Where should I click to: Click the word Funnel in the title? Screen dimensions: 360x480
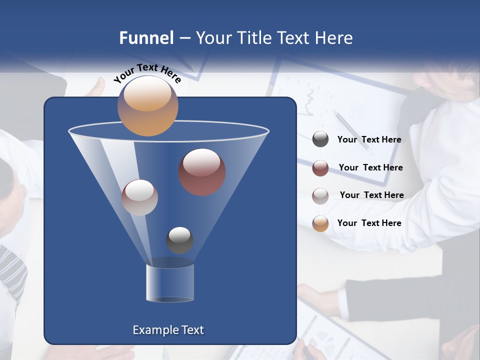click(146, 38)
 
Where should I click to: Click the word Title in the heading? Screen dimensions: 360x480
click(254, 38)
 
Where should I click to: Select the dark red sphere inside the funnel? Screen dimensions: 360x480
click(202, 172)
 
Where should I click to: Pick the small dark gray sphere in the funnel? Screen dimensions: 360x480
click(180, 240)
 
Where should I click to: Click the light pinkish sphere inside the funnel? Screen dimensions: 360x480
click(139, 197)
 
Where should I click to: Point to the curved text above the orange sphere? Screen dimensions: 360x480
click(147, 73)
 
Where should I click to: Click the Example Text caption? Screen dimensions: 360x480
click(168, 330)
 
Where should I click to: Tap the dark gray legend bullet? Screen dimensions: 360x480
click(320, 139)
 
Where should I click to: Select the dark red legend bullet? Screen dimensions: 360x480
click(320, 167)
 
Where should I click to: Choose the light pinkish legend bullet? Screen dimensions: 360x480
click(320, 195)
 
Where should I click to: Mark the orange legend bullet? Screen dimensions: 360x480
click(320, 223)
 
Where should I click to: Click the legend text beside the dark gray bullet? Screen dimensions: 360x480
click(369, 140)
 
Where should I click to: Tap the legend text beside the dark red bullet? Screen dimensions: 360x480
click(370, 167)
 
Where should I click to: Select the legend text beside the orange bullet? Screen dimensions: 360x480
click(369, 223)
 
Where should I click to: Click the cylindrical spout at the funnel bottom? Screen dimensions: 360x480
click(170, 282)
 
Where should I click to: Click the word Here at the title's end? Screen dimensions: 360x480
click(333, 38)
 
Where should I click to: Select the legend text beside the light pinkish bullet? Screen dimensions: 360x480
click(371, 195)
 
